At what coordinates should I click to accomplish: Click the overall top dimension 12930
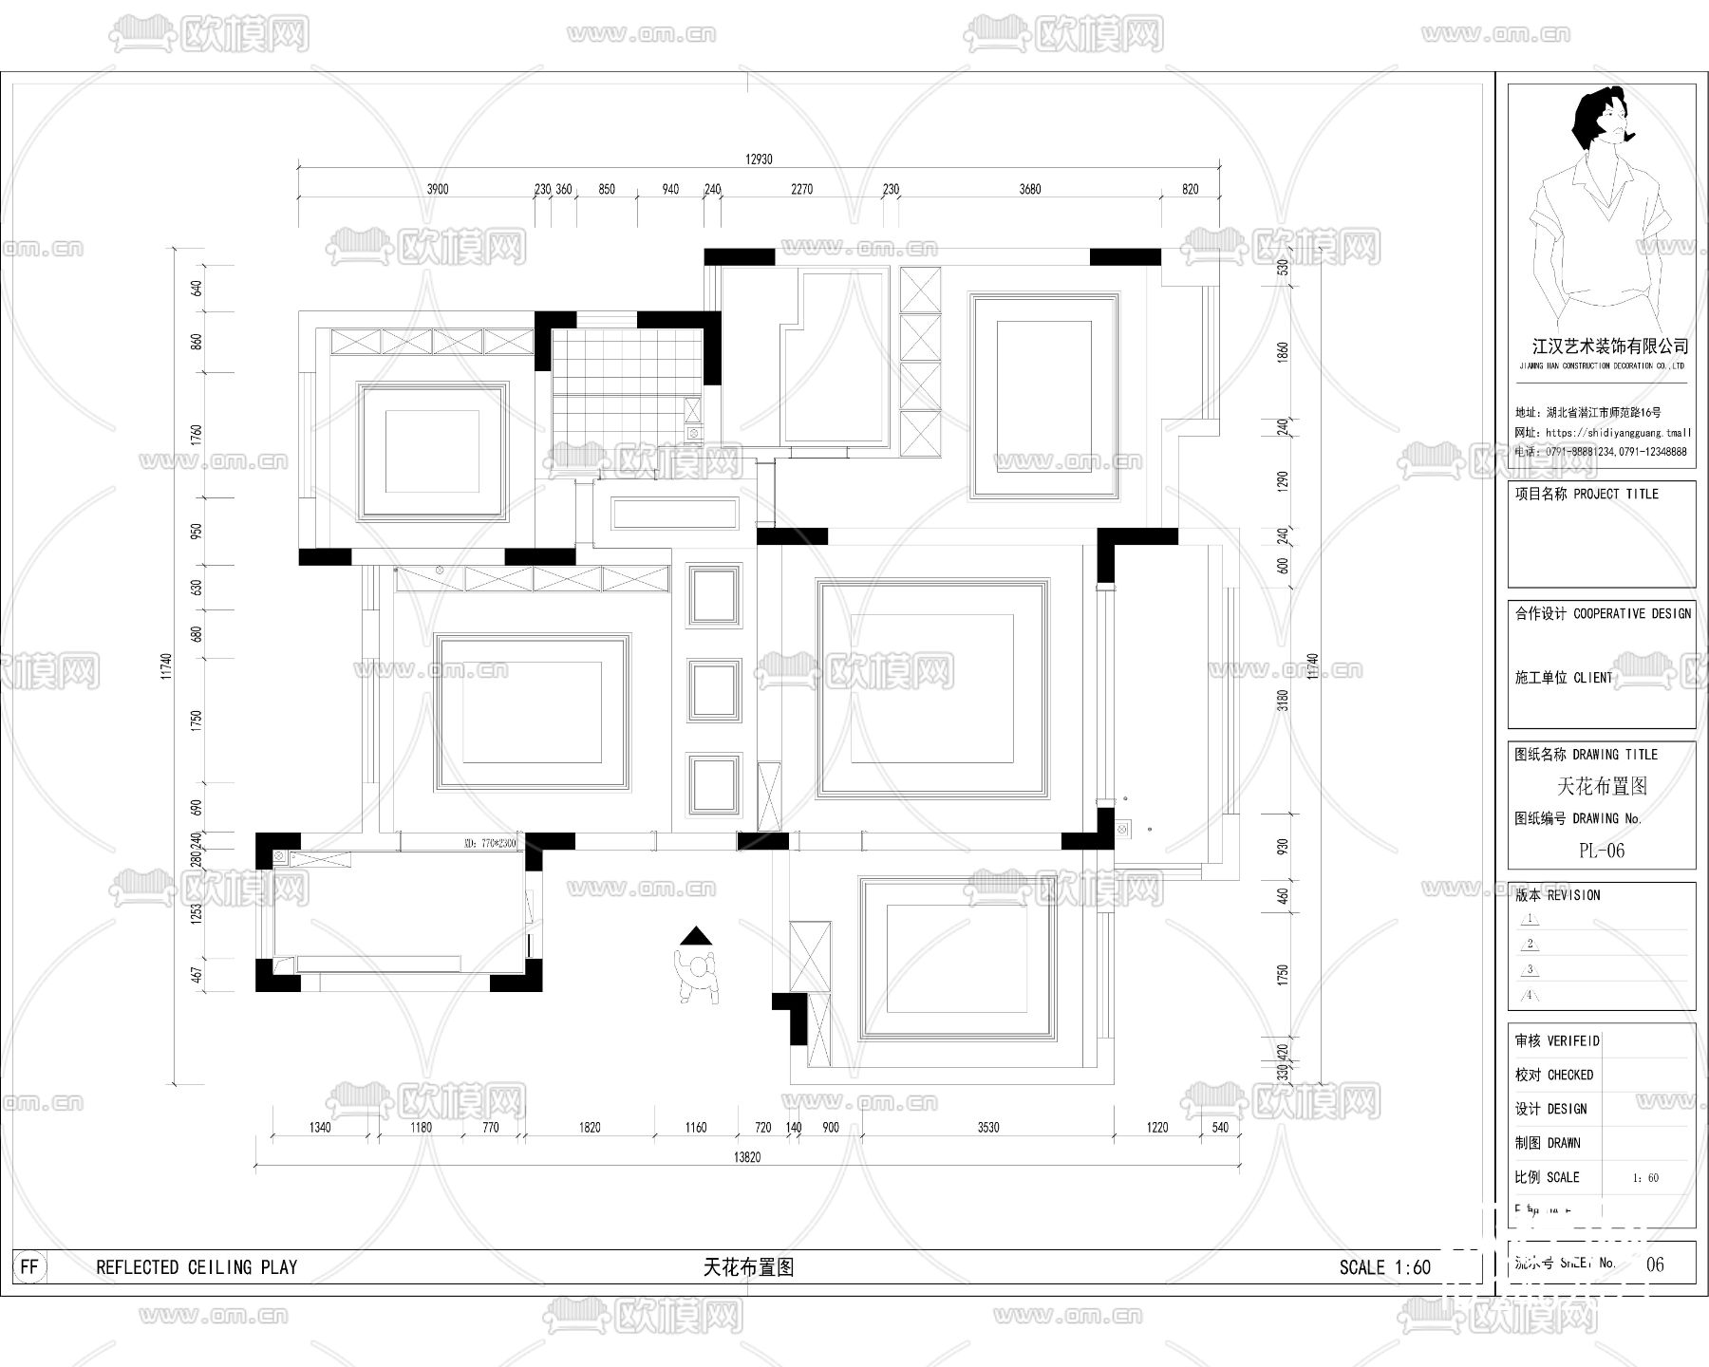click(759, 159)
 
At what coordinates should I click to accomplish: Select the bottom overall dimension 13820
click(747, 1157)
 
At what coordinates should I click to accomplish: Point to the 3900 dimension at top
click(437, 189)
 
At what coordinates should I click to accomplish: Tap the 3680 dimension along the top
click(1030, 189)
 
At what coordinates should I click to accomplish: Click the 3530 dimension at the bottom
click(988, 1128)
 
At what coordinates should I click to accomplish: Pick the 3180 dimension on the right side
click(1283, 701)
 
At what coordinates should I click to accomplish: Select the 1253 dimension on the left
click(197, 913)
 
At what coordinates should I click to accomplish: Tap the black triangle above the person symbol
click(696, 936)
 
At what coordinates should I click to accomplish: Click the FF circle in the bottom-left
click(29, 1266)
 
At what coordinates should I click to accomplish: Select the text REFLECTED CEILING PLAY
click(197, 1267)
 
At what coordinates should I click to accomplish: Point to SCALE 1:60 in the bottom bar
click(1384, 1267)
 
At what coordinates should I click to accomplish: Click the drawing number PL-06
click(1601, 851)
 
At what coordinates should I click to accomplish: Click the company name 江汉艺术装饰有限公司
click(1610, 347)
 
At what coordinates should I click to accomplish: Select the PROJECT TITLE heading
click(1615, 495)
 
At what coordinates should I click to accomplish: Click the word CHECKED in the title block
click(1569, 1075)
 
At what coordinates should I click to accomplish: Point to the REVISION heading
click(1573, 895)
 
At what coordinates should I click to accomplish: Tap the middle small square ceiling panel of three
click(714, 690)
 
